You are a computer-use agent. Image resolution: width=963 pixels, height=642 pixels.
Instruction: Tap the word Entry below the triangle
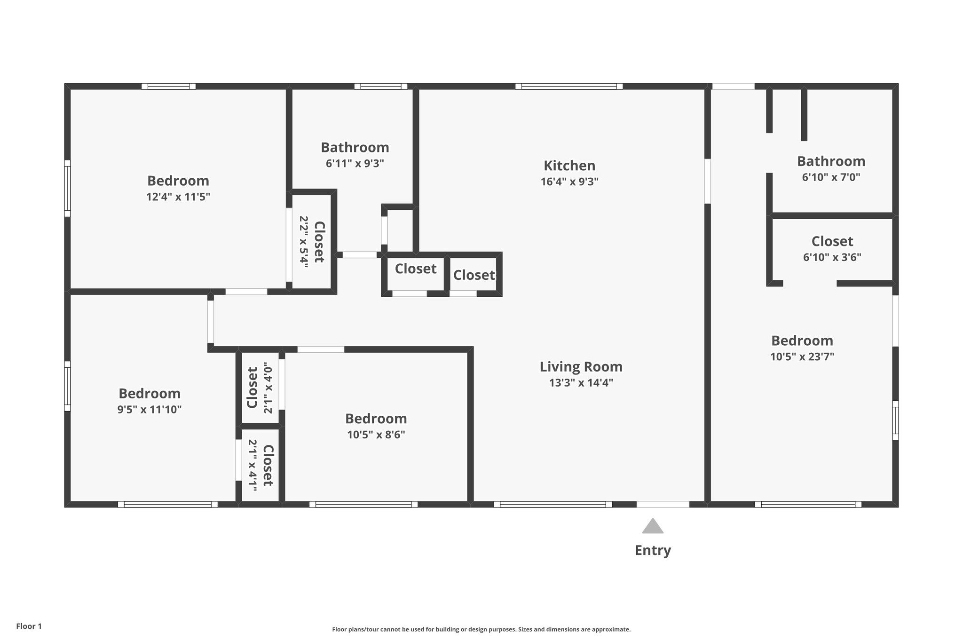[x=653, y=550]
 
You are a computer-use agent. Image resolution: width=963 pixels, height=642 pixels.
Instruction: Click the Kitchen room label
[x=569, y=166]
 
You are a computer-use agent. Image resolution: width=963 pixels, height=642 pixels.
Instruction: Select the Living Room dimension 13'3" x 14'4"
[x=581, y=383]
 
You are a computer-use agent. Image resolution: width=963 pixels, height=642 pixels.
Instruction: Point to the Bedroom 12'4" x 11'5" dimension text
[x=178, y=197]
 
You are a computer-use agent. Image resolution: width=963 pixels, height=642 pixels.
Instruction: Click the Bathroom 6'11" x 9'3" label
[x=355, y=148]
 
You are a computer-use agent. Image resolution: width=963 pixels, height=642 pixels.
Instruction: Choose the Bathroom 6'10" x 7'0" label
[x=831, y=161]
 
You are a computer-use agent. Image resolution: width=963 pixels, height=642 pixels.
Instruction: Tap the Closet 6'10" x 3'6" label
[x=832, y=241]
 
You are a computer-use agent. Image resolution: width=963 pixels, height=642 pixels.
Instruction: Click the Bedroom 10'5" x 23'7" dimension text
[x=802, y=357]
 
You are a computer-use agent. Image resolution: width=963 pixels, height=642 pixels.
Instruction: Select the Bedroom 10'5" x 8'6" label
[x=376, y=419]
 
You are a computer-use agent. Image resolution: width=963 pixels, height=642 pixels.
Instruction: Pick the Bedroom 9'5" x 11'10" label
[x=150, y=394]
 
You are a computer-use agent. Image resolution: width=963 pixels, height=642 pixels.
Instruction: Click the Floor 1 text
[x=29, y=626]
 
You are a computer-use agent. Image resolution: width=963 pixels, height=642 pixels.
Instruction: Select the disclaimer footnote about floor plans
[x=481, y=629]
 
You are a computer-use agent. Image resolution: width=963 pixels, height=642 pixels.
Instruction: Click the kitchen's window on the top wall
[x=568, y=86]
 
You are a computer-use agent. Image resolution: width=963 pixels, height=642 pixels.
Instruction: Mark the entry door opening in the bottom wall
[x=663, y=504]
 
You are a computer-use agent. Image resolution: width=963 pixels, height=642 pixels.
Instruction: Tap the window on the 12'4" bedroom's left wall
[x=67, y=188]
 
